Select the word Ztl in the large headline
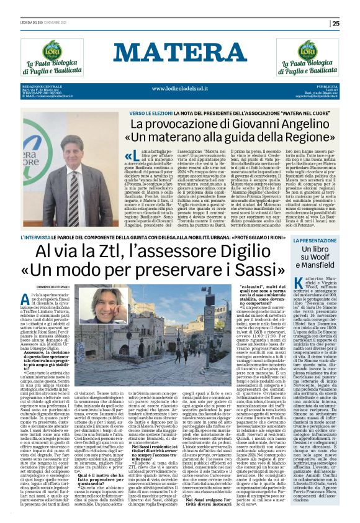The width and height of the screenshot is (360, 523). point(118,252)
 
